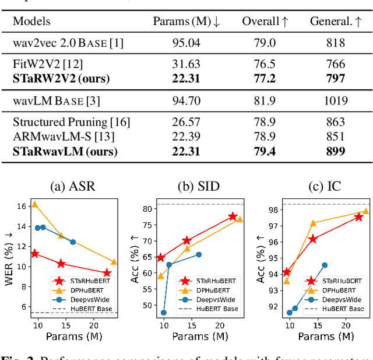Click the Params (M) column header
click(x=186, y=22)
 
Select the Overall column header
click(x=265, y=22)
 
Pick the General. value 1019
click(x=334, y=101)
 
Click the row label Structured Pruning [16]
click(x=71, y=122)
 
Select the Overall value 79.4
click(x=265, y=152)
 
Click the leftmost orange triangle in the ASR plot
click(x=34, y=204)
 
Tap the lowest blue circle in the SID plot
click(x=163, y=313)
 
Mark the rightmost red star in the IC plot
click(x=358, y=216)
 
